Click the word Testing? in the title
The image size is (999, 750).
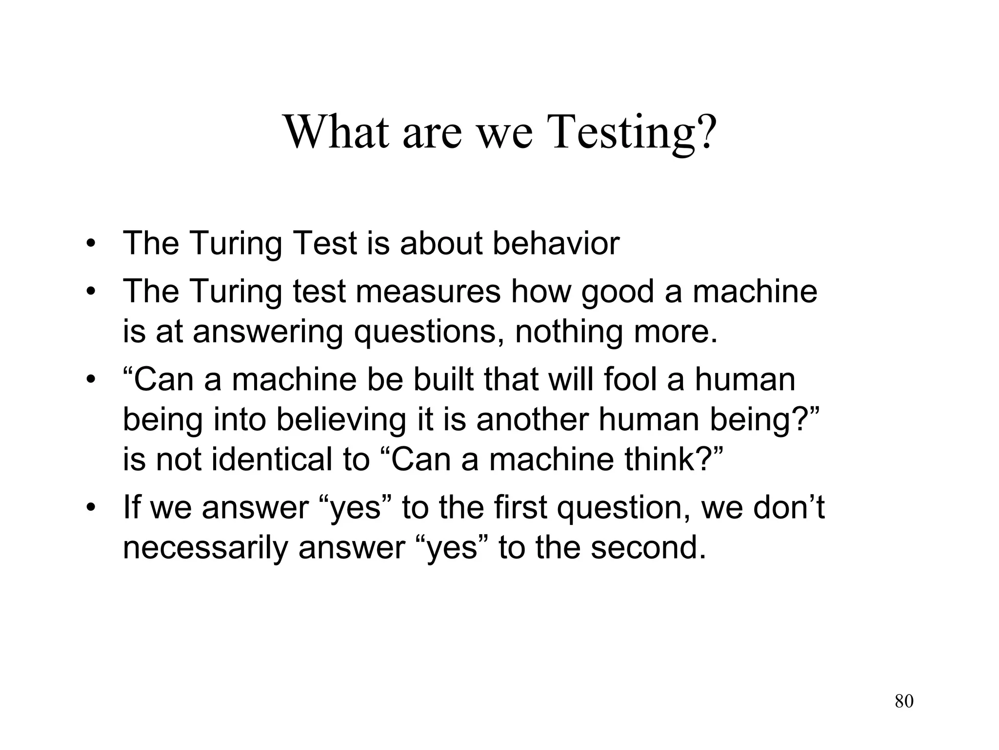coord(633,133)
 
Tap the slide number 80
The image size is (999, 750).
coord(904,701)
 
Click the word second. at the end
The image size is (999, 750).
coord(648,548)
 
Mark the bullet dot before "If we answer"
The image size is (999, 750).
coord(90,508)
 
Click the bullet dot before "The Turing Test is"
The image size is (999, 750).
coord(90,244)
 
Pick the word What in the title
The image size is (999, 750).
coord(336,133)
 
